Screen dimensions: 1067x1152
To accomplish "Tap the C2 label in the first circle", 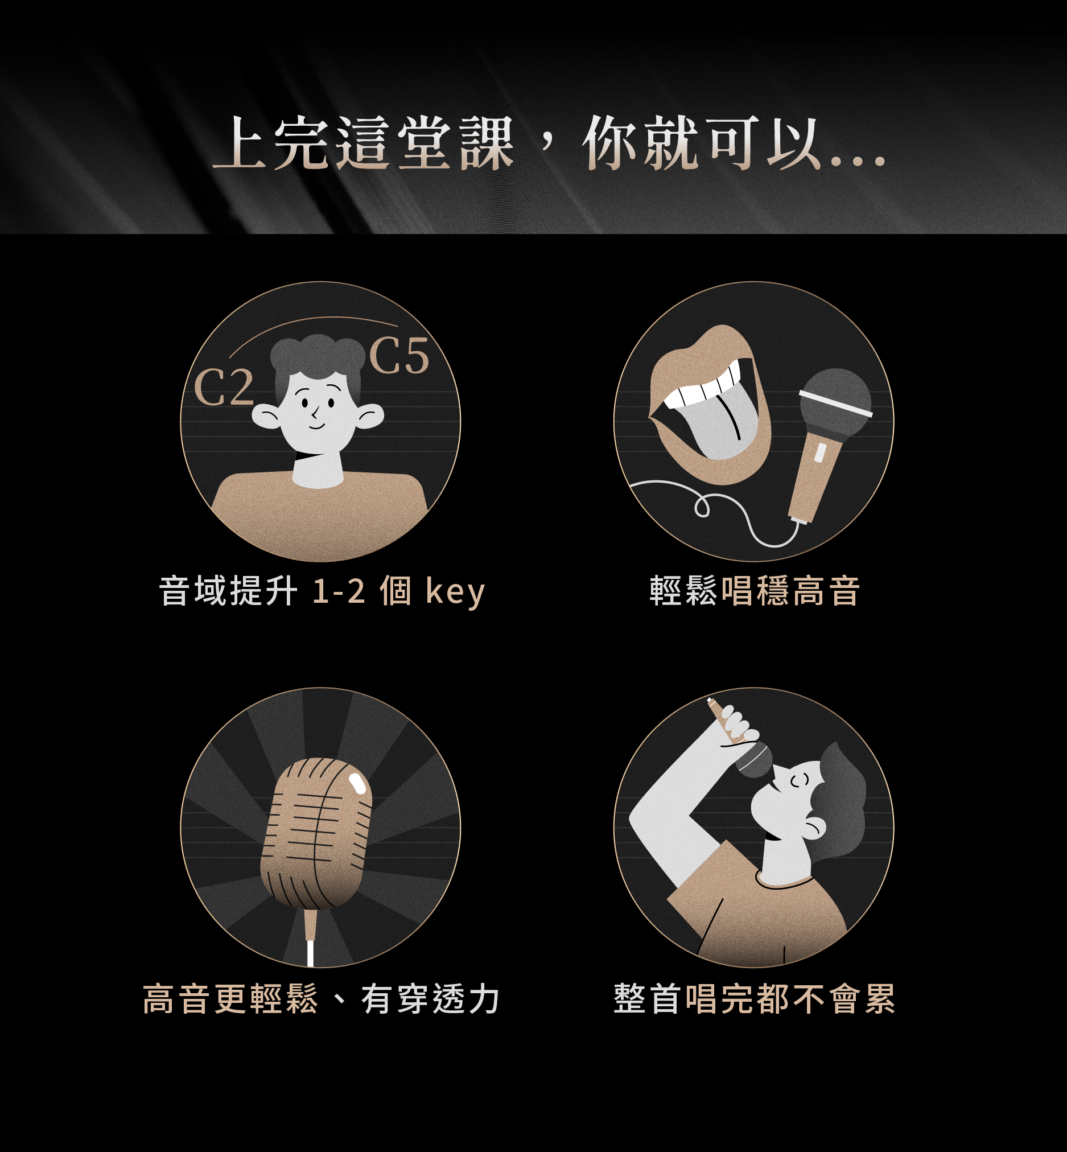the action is [224, 388].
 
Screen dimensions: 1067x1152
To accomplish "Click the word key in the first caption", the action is [455, 592].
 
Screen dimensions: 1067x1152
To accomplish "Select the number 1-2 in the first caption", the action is [339, 591].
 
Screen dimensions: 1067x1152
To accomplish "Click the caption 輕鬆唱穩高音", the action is [755, 591].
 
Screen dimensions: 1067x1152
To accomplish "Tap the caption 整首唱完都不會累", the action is [755, 998].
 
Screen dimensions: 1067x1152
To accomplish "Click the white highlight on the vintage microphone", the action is [357, 784].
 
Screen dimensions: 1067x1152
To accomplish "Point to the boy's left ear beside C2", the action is [267, 415].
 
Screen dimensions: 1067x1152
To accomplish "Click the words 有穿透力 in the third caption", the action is [430, 999].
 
